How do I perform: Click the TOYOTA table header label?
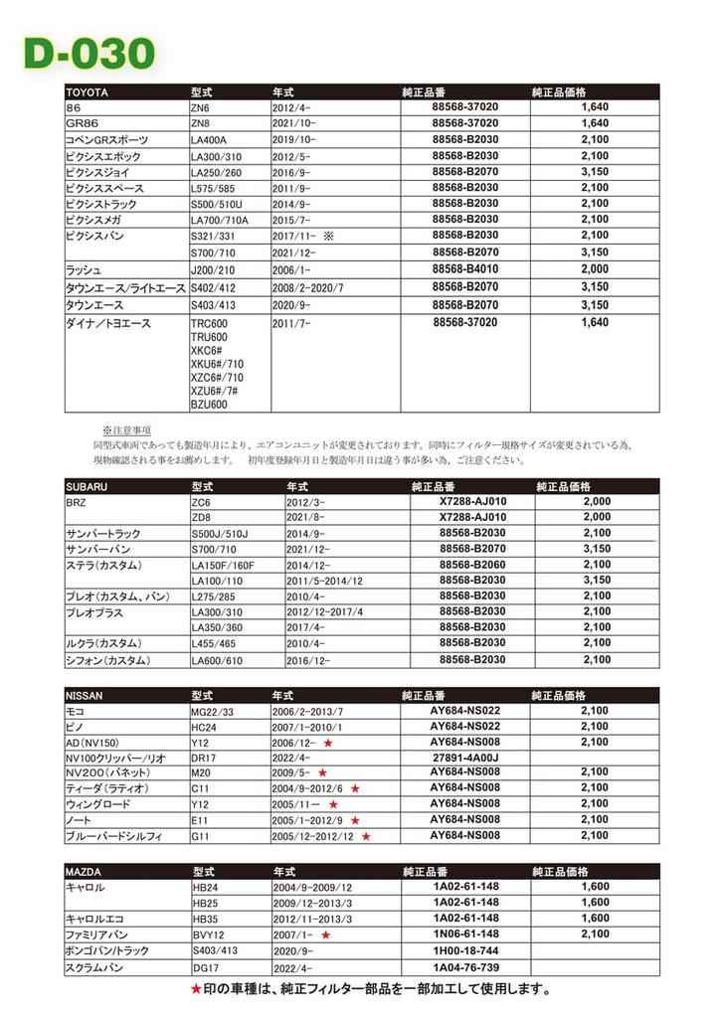click(88, 92)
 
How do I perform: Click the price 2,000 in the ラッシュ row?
click(594, 269)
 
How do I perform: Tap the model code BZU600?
click(209, 405)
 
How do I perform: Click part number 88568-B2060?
click(472, 564)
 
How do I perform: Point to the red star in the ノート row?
click(353, 820)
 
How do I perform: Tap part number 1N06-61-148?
click(465, 934)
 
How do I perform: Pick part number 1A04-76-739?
click(465, 966)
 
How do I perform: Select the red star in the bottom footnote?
click(195, 989)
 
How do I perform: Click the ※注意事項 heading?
click(126, 430)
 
